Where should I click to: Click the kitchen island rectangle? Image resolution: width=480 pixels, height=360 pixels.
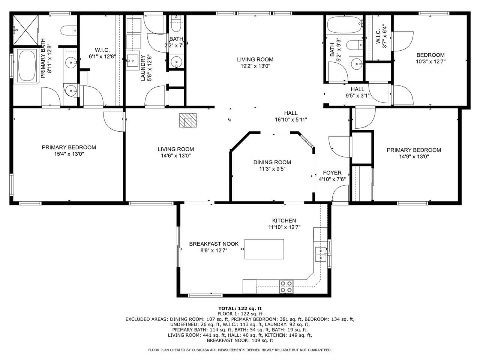coord(264,249)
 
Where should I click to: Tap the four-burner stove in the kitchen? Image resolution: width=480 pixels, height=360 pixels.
coord(286,287)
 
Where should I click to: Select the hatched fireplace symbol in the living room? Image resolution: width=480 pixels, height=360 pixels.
coord(188,120)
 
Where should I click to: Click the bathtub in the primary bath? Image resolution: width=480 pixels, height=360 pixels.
coord(27,66)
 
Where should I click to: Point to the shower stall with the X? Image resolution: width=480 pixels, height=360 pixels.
coord(26,30)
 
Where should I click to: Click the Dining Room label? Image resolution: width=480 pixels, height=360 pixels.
coord(272,162)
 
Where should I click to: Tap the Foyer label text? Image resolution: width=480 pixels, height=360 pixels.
coord(332,173)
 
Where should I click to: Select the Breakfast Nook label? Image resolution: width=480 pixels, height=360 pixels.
coord(214,244)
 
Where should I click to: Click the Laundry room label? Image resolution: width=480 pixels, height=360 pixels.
coord(143,68)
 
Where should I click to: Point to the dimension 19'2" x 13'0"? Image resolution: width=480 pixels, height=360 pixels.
coord(255,66)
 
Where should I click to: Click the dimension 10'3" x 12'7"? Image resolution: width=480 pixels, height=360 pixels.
coord(430,61)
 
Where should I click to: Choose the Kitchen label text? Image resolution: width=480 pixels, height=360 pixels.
coord(284,221)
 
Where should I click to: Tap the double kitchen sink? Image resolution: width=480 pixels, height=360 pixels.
coord(321,254)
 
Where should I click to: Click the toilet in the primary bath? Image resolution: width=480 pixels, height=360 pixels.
coord(69,30)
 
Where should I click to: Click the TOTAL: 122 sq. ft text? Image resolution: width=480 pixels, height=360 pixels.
coord(240,309)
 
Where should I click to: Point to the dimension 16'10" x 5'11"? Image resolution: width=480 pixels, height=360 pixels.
coord(291,120)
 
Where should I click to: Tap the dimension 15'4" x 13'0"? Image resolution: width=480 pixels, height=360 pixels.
coord(69,154)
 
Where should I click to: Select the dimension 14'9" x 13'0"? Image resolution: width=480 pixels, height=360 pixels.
coord(414,157)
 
